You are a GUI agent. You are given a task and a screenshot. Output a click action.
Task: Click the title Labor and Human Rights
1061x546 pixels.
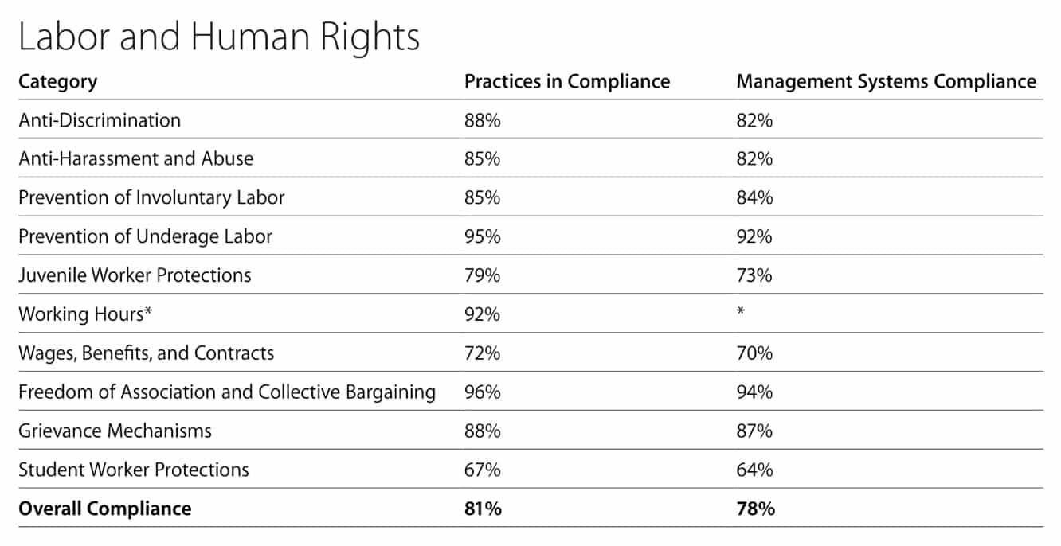pyautogui.click(x=218, y=37)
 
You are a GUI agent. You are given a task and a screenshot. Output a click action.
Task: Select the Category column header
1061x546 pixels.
pyautogui.click(x=57, y=81)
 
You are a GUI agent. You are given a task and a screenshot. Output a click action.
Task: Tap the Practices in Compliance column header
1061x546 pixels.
pyautogui.click(x=566, y=81)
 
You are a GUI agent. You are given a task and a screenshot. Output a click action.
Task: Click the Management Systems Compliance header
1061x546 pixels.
pyautogui.click(x=886, y=81)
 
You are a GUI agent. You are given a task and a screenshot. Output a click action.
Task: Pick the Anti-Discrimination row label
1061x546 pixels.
pyautogui.click(x=100, y=120)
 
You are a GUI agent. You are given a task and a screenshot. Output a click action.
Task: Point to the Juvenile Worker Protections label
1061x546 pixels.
pyautogui.click(x=135, y=275)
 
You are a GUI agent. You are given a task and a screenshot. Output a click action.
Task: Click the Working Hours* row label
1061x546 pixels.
pyautogui.click(x=85, y=314)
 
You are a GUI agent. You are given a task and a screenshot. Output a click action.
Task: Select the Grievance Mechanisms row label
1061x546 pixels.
pyautogui.click(x=115, y=431)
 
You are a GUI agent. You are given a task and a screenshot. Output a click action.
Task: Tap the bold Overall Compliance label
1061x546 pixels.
pyautogui.click(x=104, y=509)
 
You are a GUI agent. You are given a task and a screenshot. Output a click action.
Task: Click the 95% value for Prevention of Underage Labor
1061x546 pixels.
pyautogui.click(x=482, y=236)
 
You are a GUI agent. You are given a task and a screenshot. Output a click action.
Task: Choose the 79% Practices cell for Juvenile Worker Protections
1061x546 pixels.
pyautogui.click(x=482, y=275)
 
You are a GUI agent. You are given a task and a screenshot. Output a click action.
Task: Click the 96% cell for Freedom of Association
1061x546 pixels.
pyautogui.click(x=482, y=392)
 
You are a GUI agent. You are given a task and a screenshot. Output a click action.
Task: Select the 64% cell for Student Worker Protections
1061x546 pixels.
pyautogui.click(x=754, y=470)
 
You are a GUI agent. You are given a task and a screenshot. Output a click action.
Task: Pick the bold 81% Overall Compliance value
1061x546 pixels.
pyautogui.click(x=483, y=509)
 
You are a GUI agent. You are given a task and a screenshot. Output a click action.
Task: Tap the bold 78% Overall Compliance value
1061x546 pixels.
pyautogui.click(x=755, y=509)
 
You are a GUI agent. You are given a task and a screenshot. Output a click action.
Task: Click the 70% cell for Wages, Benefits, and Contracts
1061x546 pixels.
pyautogui.click(x=754, y=353)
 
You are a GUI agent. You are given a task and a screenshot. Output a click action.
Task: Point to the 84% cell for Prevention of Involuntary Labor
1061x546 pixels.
pyautogui.click(x=754, y=197)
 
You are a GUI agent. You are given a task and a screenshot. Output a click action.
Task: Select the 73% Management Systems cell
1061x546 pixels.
pyautogui.click(x=754, y=275)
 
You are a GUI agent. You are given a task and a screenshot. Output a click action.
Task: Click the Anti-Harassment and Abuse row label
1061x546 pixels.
pyautogui.click(x=135, y=158)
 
